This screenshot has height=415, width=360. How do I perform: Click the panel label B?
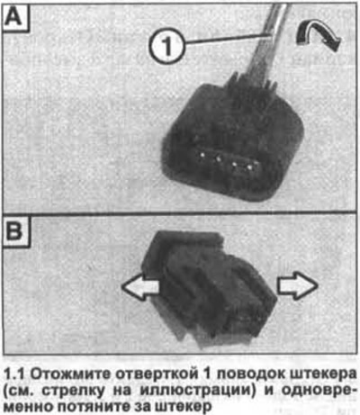coord(14,231)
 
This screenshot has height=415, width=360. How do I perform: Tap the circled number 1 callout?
coord(166,45)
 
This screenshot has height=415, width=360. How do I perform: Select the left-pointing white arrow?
coord(140,286)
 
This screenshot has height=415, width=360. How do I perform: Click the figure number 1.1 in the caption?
coord(15,374)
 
